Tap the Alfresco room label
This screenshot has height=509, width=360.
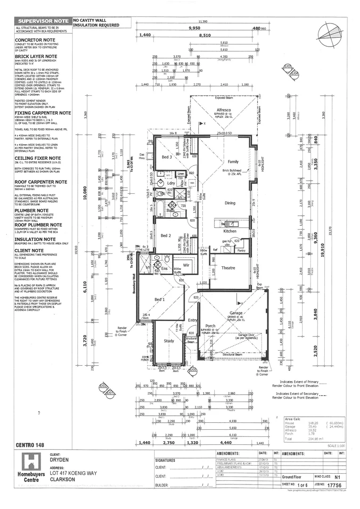point(217,110)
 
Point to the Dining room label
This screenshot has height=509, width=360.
point(229,203)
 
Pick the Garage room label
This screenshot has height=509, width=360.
point(236,313)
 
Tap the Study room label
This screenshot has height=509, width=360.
point(168,340)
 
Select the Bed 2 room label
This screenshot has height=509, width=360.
point(165,236)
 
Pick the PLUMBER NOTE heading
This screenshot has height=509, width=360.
point(32,210)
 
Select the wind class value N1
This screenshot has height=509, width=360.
point(337,476)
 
